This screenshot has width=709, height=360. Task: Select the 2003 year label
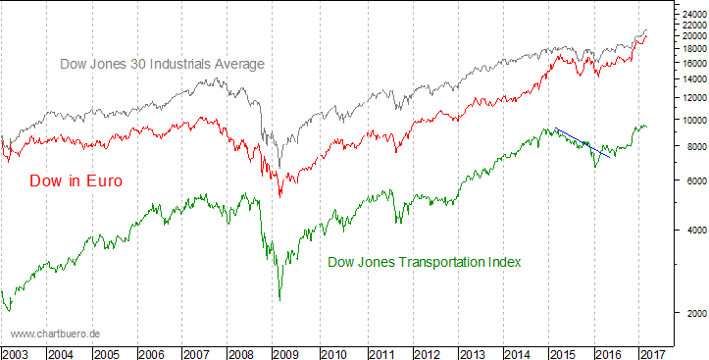16,352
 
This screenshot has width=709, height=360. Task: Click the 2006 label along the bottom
151,352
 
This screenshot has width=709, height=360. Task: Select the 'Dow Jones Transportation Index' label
424,262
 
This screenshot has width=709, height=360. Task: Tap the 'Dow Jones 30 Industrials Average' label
163,64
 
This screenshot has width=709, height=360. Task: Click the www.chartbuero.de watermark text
56,334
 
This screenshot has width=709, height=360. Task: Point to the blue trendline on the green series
584,142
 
